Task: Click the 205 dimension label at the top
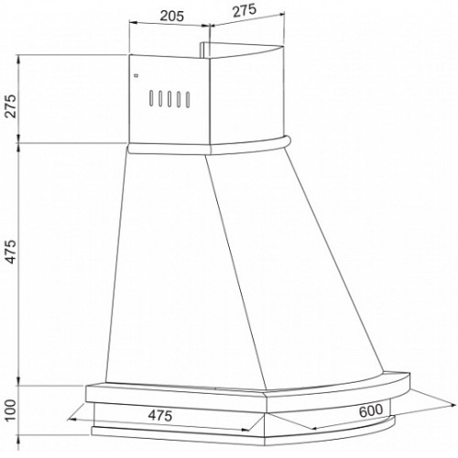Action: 172,16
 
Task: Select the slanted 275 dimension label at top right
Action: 245,11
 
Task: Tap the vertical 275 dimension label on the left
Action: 11,106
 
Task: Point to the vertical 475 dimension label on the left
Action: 11,252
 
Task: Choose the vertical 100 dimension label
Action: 11,410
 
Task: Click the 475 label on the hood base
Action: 160,415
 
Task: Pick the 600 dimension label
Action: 371,410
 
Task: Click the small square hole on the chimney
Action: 136,75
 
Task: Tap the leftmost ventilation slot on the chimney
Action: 151,98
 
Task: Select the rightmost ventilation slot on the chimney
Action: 188,100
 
